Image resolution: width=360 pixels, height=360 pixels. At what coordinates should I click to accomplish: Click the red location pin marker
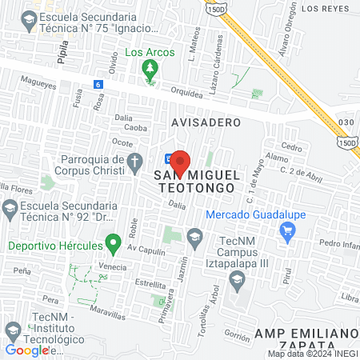180,162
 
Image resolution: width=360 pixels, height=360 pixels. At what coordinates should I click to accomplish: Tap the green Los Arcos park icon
149,71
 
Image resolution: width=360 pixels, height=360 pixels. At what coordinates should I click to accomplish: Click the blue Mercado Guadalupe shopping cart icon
287,231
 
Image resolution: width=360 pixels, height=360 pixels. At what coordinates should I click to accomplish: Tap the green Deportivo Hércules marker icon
114,242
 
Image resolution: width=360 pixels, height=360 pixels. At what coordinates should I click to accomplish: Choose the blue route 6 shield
98,84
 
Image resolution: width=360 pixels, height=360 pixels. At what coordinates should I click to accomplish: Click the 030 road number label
346,122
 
